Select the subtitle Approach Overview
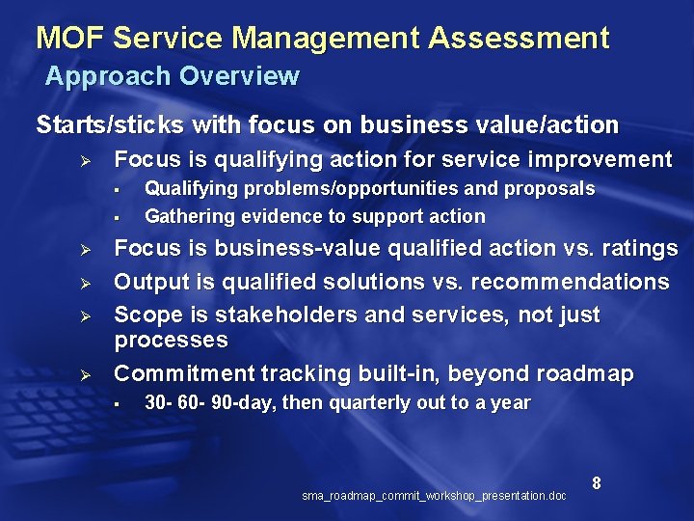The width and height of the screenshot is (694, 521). click(173, 75)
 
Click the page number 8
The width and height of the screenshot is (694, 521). click(597, 482)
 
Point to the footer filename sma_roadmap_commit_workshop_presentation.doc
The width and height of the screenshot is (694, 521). click(434, 496)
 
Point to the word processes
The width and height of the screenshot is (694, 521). click(171, 340)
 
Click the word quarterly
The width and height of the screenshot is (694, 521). click(369, 403)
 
